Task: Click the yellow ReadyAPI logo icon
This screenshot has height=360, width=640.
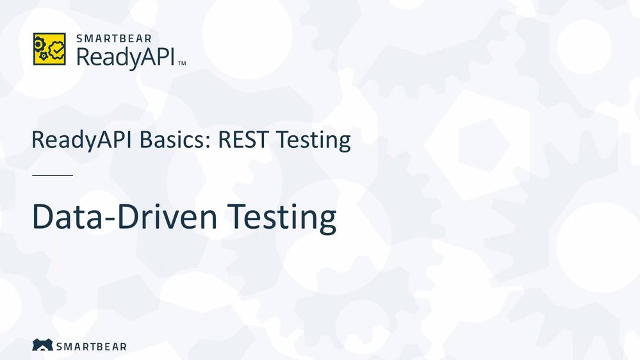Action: pyautogui.click(x=49, y=49)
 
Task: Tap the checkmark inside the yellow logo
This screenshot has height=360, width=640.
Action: pyautogui.click(x=58, y=49)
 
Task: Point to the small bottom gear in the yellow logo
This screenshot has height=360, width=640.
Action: pyautogui.click(x=44, y=56)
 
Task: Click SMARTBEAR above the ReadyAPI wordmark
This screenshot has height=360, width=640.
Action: pyautogui.click(x=114, y=39)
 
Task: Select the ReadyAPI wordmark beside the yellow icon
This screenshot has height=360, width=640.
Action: pyautogui.click(x=126, y=58)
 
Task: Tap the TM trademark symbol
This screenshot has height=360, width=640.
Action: pyautogui.click(x=182, y=63)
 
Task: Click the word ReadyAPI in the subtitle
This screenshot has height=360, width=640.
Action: pyautogui.click(x=81, y=140)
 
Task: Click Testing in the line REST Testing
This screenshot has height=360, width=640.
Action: pyautogui.click(x=313, y=140)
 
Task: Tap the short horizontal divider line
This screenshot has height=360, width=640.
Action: pyautogui.click(x=53, y=175)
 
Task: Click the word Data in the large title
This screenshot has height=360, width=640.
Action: pyautogui.click(x=67, y=217)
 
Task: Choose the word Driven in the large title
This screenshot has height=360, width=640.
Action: pyautogui.click(x=167, y=217)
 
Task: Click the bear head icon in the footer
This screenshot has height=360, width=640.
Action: pyautogui.click(x=42, y=345)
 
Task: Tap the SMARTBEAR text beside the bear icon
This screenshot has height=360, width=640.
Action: pyautogui.click(x=92, y=347)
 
